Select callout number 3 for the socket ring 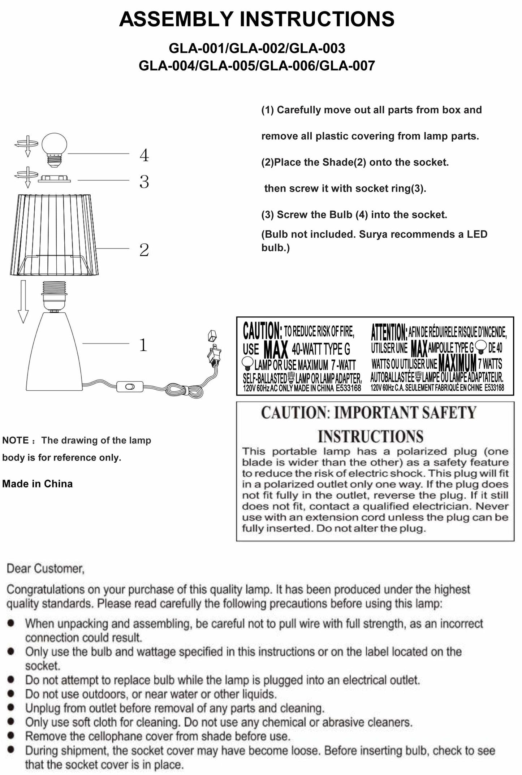point(144,182)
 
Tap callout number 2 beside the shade point(144,250)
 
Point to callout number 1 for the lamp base point(143,345)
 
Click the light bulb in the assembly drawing point(54,148)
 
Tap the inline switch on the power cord point(130,387)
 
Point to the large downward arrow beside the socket point(23,301)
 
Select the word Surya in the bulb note point(373,234)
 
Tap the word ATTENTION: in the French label point(389,332)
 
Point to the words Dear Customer point(46,569)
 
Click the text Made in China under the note point(38,484)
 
